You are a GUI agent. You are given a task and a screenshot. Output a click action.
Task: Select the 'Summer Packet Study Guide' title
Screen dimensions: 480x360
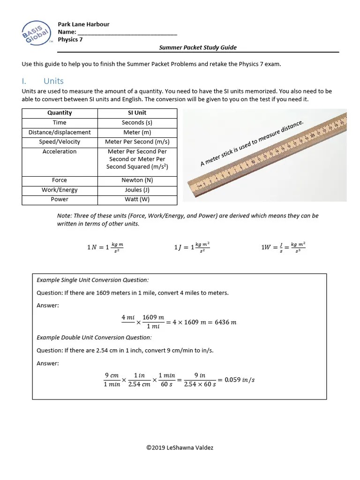tap(197, 47)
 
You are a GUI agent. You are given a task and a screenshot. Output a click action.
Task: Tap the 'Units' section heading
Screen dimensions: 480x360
tap(53, 81)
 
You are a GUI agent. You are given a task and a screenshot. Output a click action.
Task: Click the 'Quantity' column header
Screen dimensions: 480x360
tap(60, 112)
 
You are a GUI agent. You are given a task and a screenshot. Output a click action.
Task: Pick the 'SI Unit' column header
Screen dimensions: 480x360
tap(137, 112)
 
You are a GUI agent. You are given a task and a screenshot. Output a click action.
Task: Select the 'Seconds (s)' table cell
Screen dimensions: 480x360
tap(137, 122)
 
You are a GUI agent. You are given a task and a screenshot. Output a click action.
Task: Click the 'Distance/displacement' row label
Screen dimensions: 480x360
tap(60, 132)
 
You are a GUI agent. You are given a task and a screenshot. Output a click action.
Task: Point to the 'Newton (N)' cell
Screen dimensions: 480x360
tap(137, 180)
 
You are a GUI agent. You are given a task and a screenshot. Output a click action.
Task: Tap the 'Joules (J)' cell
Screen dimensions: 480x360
tap(137, 190)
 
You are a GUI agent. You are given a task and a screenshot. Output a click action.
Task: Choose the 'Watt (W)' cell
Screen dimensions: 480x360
tap(137, 199)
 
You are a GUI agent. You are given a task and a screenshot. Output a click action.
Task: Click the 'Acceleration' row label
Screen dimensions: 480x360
tap(60, 151)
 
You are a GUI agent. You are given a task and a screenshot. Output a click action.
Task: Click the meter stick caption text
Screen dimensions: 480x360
tap(252, 143)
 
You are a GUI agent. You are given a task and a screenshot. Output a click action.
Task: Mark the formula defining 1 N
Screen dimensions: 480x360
tap(105, 247)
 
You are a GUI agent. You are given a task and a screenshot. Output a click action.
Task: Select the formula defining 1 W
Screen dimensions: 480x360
tap(283, 247)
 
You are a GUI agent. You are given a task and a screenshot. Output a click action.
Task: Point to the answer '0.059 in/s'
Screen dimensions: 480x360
tap(240, 380)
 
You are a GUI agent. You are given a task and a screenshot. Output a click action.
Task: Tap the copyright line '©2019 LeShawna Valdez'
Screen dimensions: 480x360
tap(180, 448)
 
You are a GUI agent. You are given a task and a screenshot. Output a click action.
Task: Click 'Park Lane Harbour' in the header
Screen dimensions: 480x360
tap(83, 24)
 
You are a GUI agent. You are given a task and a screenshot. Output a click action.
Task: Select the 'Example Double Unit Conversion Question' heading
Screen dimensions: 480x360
tap(94, 337)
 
